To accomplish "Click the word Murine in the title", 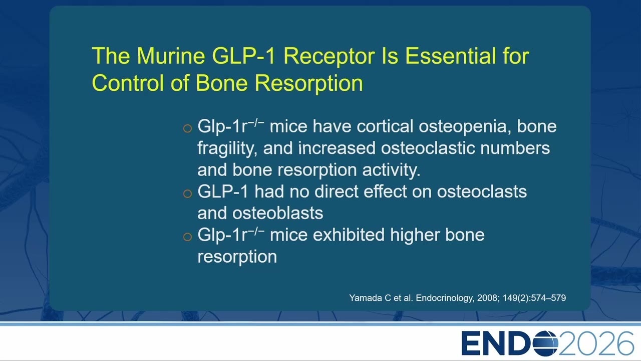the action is tap(171, 56).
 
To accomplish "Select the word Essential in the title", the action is tap(451, 56).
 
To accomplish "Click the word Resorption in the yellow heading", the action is tap(309, 84).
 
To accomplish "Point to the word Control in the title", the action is tap(128, 83).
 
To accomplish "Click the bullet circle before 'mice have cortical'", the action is tap(187, 128).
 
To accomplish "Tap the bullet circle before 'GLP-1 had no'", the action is tap(187, 194).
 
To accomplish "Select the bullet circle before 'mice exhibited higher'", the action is tap(187, 237).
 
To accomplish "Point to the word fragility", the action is tap(227, 149).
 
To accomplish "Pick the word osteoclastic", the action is tap(428, 148).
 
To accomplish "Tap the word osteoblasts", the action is tap(277, 213).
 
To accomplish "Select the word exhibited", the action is tap(349, 235).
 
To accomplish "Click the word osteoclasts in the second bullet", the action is tap(482, 192).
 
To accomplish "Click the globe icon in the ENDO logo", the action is tap(545, 343).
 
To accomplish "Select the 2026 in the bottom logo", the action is tap(596, 343).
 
